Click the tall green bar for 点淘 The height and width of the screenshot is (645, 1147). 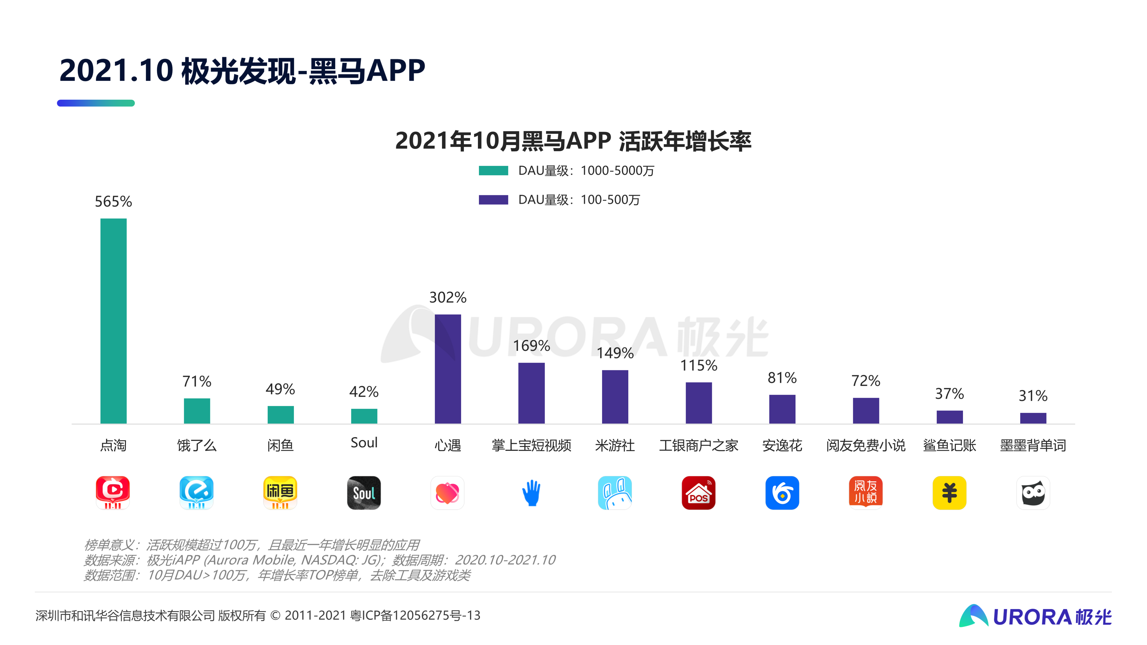[x=113, y=321]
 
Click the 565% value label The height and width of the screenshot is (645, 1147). [x=113, y=202]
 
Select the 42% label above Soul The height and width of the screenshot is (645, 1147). [x=364, y=392]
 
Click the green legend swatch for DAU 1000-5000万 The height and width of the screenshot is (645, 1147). [x=493, y=170]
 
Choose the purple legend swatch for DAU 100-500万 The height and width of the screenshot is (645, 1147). [x=493, y=200]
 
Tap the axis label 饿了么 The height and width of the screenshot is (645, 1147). [x=197, y=445]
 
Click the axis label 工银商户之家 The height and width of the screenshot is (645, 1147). [x=699, y=445]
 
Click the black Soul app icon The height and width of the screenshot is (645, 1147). [x=364, y=493]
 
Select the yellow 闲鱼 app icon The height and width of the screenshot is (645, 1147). [x=280, y=493]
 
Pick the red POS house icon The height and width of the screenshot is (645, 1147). [x=699, y=493]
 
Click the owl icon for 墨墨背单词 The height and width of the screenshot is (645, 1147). [x=1033, y=493]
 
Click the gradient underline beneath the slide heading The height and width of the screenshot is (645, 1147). [x=96, y=103]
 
